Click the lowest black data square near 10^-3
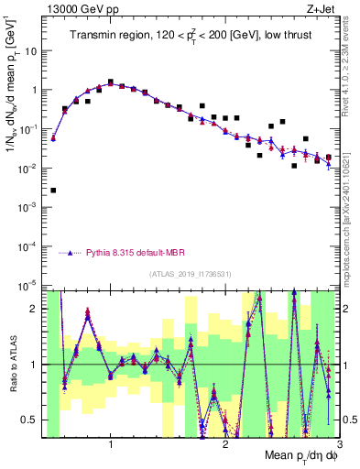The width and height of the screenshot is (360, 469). (x=54, y=191)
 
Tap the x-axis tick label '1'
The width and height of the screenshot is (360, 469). (x=111, y=445)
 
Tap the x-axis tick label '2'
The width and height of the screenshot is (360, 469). (x=225, y=445)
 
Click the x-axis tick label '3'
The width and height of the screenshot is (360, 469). (x=339, y=445)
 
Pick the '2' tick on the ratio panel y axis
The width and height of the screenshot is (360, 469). (x=38, y=309)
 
